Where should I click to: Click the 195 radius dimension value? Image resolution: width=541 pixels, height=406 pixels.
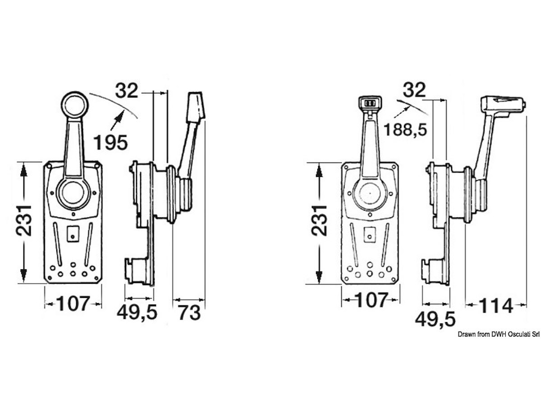point(111,142)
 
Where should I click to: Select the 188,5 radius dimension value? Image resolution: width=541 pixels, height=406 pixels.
point(405,129)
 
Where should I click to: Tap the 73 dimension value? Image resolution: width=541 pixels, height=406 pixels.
point(189,313)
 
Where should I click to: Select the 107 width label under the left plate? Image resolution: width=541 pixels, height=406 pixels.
point(73,304)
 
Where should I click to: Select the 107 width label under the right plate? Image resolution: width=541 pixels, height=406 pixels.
point(372,300)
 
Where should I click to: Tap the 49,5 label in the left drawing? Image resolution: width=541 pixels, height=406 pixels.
point(137,312)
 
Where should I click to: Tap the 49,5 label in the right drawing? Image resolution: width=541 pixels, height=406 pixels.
point(435,319)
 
